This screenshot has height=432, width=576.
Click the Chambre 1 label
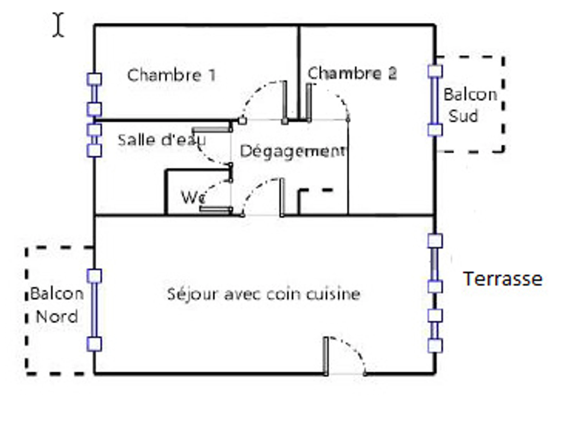pos(171,75)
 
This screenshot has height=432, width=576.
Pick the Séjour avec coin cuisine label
pos(264,294)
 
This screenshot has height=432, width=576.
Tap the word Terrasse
pos(502,279)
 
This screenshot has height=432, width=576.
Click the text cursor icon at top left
pos(58,25)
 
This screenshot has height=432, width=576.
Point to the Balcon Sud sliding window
pos(435,101)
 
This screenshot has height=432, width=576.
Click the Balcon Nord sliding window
pos(94,310)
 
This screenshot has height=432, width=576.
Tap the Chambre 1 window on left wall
pos(94,94)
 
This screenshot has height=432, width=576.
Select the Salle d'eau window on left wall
pos(94,140)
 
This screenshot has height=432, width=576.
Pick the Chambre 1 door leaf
pos(285,102)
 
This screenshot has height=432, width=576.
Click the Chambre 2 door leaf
pos(309,102)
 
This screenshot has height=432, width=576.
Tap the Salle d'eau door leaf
pos(211,129)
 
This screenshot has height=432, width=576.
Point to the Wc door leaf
pos(215,209)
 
